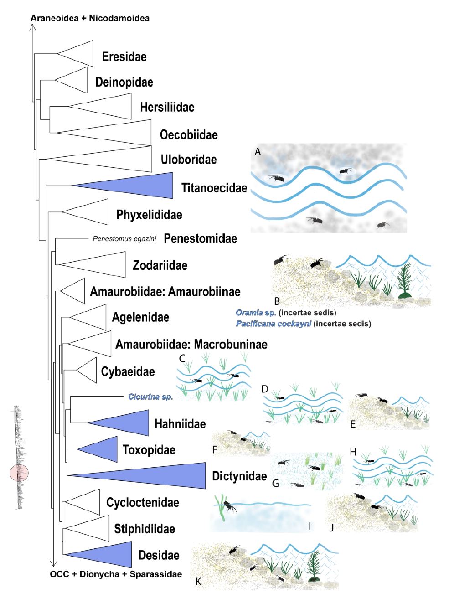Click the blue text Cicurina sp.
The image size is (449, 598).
coord(150,397)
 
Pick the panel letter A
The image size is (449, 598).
coord(258,152)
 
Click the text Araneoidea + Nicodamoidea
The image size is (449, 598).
coord(90,18)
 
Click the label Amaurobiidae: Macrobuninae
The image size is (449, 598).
coord(191,344)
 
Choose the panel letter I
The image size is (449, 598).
coord(310,526)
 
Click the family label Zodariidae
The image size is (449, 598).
coord(160,265)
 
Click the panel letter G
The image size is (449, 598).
coord(275,483)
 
